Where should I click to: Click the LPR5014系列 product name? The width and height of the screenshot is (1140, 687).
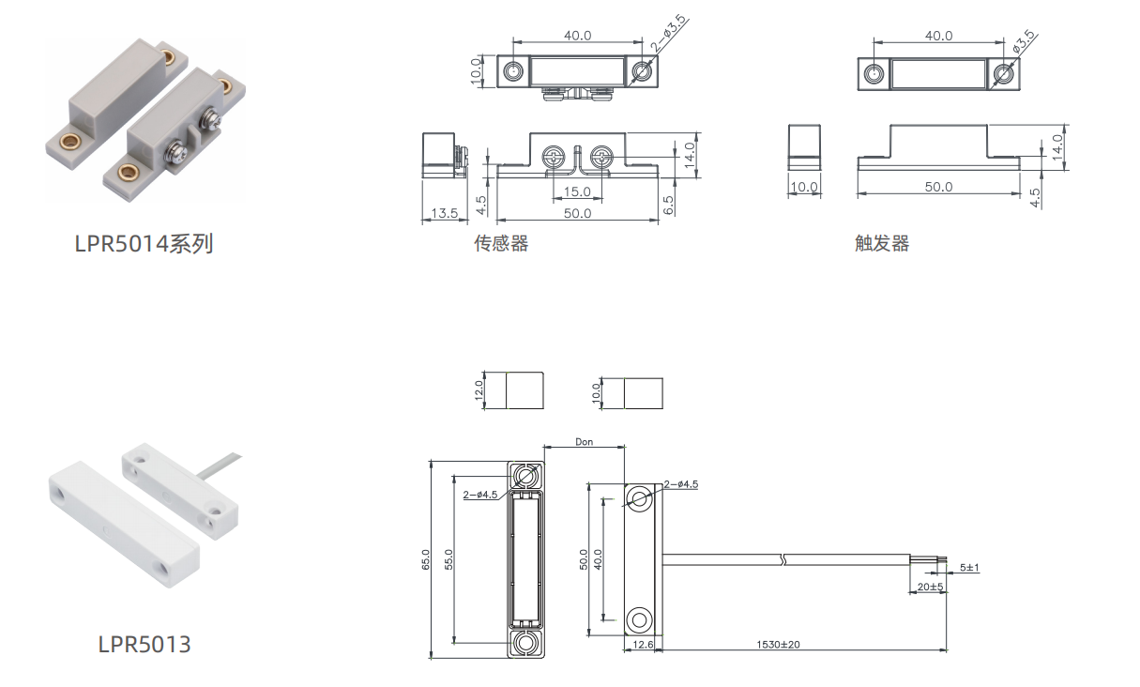(x=144, y=244)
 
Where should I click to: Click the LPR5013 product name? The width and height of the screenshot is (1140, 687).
(x=144, y=644)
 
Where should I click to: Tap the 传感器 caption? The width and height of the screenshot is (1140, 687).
(x=501, y=243)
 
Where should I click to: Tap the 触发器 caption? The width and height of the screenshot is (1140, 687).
(x=882, y=243)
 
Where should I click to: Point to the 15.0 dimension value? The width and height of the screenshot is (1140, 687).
(x=577, y=191)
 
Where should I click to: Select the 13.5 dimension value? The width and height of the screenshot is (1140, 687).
(x=445, y=213)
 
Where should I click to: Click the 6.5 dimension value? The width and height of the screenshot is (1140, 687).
(x=668, y=205)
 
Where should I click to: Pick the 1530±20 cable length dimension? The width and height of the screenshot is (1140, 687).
(x=778, y=644)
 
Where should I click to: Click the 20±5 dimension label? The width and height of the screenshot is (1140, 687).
(x=931, y=587)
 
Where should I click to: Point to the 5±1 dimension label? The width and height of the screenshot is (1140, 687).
(x=969, y=568)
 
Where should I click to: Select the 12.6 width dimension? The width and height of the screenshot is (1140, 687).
(x=643, y=644)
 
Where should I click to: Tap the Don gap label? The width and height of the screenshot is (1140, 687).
(x=585, y=442)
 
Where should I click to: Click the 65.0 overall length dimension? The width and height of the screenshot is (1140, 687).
(x=426, y=559)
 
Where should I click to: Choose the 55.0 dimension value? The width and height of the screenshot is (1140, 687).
(x=448, y=559)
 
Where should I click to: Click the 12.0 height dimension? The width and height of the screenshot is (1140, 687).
(x=479, y=390)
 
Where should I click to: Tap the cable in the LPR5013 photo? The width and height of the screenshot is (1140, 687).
(x=220, y=466)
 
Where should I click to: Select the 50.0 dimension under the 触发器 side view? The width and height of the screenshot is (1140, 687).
(x=938, y=187)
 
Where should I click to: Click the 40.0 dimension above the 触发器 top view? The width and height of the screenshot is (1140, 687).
(x=938, y=36)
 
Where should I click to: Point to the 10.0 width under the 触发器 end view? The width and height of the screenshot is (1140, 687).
(x=804, y=187)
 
